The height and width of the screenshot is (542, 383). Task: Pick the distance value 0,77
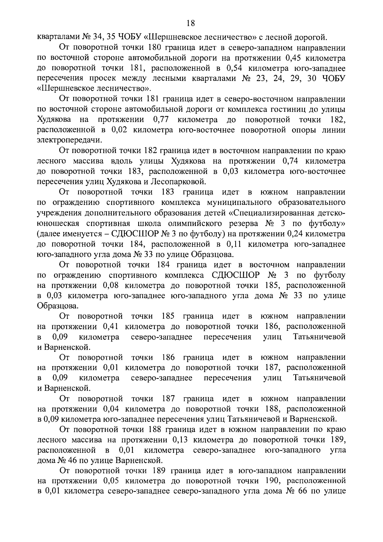[161, 120]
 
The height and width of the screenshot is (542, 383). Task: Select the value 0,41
[113, 327]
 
